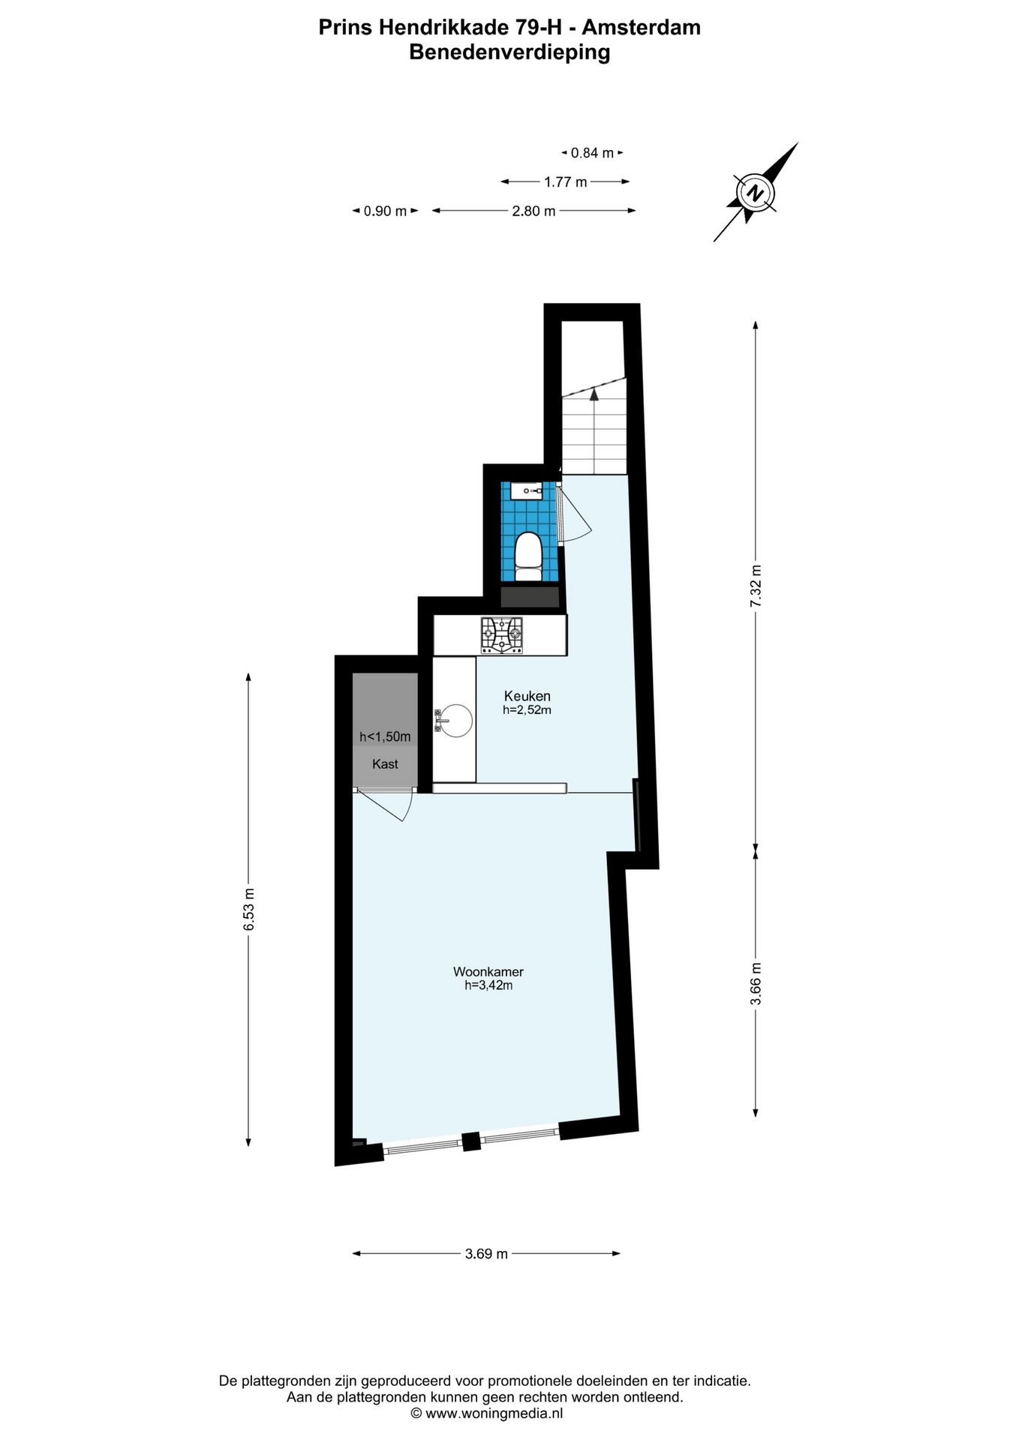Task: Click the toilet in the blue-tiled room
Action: pyautogui.click(x=528, y=556)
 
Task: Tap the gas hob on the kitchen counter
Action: pyautogui.click(x=502, y=635)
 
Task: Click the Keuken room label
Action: pyautogui.click(x=527, y=695)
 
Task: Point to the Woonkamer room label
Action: pyautogui.click(x=488, y=971)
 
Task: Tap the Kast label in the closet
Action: pyautogui.click(x=385, y=764)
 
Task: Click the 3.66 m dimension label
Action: pyautogui.click(x=756, y=983)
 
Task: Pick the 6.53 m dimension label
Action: pyautogui.click(x=248, y=910)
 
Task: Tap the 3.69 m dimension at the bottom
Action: pyautogui.click(x=486, y=1253)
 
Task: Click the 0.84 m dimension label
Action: pyautogui.click(x=592, y=153)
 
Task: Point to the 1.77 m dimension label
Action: pyautogui.click(x=565, y=181)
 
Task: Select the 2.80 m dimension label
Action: pyautogui.click(x=534, y=211)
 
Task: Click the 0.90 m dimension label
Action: pyautogui.click(x=385, y=211)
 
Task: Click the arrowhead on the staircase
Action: pyautogui.click(x=594, y=391)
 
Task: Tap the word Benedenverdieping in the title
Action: pyautogui.click(x=509, y=52)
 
